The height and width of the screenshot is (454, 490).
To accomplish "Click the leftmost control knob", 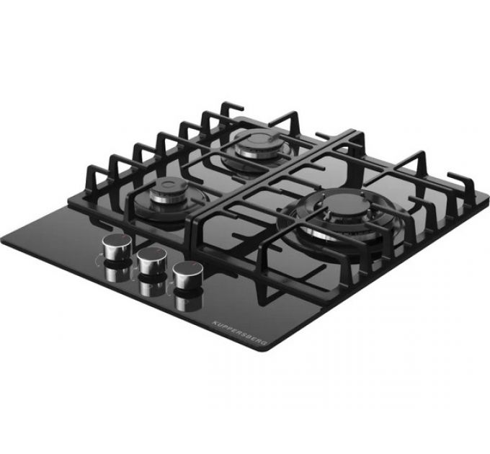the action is coord(117,247).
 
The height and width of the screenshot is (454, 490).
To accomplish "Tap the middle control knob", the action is coord(152,260).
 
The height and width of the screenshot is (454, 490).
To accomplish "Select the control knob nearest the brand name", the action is coord(189,275).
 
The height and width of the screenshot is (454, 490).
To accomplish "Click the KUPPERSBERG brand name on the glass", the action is coord(240,334).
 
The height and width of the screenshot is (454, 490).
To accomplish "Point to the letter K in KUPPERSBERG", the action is coord(214,322).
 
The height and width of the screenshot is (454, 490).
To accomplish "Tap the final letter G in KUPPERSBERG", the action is coord(265,344).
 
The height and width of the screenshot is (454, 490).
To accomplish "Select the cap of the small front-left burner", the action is coord(169,186).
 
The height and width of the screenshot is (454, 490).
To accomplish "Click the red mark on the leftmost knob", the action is coord(125,237).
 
